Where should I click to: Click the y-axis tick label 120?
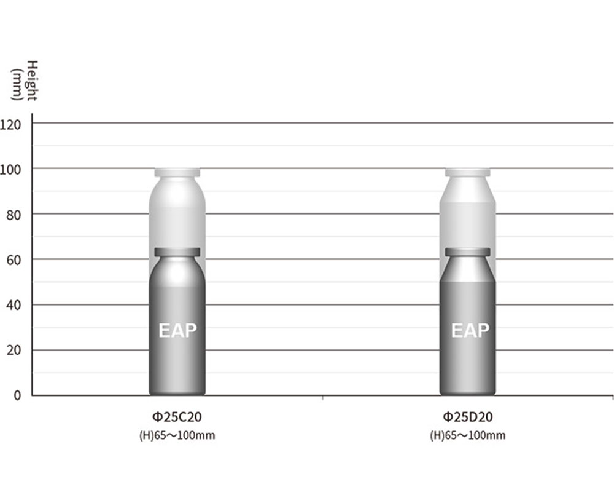[x=10, y=125]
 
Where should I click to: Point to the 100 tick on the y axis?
[x=10, y=170]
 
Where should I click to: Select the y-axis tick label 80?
[x=14, y=215]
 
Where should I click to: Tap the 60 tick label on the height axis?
[x=14, y=260]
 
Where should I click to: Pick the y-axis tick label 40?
[x=14, y=306]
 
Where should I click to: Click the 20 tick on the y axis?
[x=14, y=351]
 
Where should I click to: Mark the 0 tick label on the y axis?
[x=17, y=395]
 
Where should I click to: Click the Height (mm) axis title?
[x=25, y=81]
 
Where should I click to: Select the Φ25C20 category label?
[x=177, y=417]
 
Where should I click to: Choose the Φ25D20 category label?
[x=467, y=417]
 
